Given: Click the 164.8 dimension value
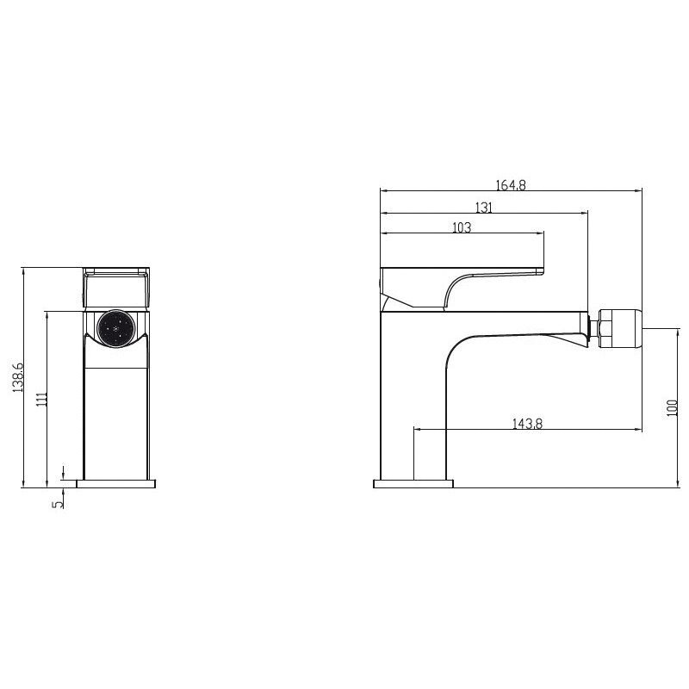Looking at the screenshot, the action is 511,185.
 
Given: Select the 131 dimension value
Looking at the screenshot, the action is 484,207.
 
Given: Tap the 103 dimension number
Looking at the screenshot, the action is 462,227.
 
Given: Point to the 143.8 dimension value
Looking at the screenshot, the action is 527,423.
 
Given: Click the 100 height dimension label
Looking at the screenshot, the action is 673,408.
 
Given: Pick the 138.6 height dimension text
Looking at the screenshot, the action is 18,377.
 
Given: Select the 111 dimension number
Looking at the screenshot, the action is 41,400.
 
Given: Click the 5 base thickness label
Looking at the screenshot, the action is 58,504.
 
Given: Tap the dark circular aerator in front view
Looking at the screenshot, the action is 115,328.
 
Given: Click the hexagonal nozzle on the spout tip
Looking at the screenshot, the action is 620,328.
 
